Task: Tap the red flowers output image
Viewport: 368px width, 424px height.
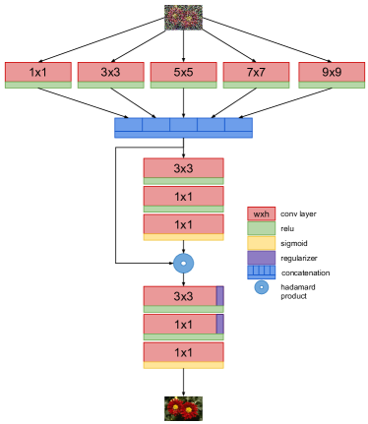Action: tap(183, 408)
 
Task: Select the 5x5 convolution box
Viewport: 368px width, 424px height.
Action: tap(183, 72)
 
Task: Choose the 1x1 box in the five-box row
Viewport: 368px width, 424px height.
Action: tap(37, 72)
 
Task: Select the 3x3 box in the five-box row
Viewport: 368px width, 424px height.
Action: tap(110, 72)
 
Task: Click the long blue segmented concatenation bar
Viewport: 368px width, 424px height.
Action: tap(183, 127)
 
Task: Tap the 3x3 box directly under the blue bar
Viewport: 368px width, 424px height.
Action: tap(183, 168)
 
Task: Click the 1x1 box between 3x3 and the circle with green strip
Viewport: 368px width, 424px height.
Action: tap(183, 197)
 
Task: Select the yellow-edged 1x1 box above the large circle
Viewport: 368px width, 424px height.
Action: tap(183, 225)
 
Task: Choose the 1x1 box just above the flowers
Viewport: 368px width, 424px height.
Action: tap(183, 352)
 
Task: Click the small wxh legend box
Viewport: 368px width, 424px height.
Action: tap(261, 213)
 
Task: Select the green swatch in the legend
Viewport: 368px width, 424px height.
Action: tap(261, 228)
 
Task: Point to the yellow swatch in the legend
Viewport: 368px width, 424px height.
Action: tap(261, 243)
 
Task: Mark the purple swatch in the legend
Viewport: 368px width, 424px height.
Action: tap(261, 258)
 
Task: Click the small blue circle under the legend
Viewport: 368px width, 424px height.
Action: tap(261, 287)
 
